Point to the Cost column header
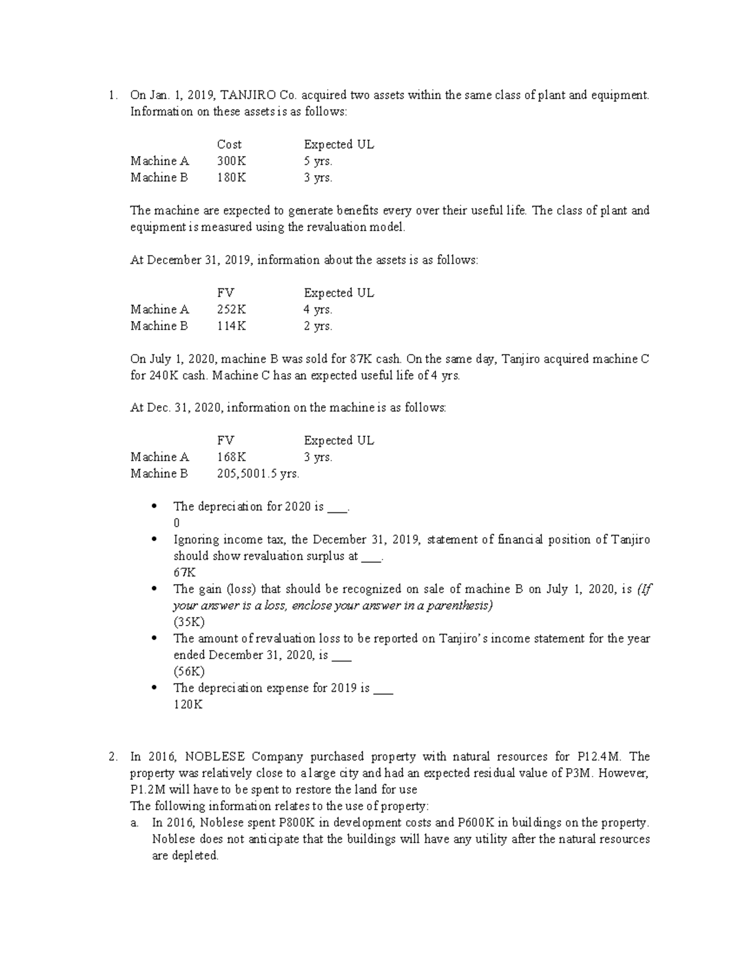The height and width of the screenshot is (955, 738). coord(229,145)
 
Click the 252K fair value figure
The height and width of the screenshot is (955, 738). coord(231,309)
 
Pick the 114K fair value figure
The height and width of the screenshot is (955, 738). coord(231,326)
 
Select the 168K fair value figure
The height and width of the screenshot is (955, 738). coord(231,457)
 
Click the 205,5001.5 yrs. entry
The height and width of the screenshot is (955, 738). coord(258,474)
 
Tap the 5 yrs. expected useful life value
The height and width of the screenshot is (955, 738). coord(318,161)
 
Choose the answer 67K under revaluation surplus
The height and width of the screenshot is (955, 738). coord(184,573)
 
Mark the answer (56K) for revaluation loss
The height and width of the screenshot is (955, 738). coord(189,672)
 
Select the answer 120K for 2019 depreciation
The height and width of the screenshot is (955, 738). coord(188,705)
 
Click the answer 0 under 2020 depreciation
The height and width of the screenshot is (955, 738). coord(177,523)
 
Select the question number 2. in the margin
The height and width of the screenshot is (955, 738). coord(112,757)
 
